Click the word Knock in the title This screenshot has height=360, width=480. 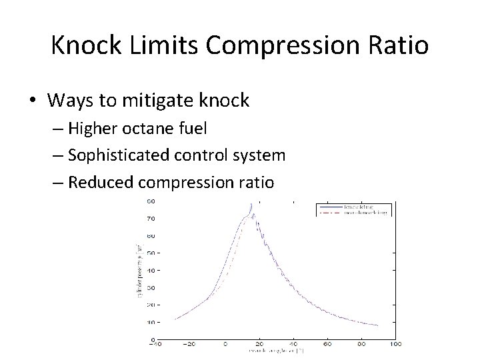pyautogui.click(x=85, y=45)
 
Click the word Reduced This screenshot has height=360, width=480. pyautogui.click(x=99, y=182)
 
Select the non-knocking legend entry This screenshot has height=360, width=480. pyautogui.click(x=365, y=212)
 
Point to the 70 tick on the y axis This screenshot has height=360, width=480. pyautogui.click(x=152, y=218)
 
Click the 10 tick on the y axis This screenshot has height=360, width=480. pyautogui.click(x=152, y=321)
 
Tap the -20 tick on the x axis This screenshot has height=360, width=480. pyautogui.click(x=191, y=345)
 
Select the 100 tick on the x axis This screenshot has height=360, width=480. pyautogui.click(x=395, y=345)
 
